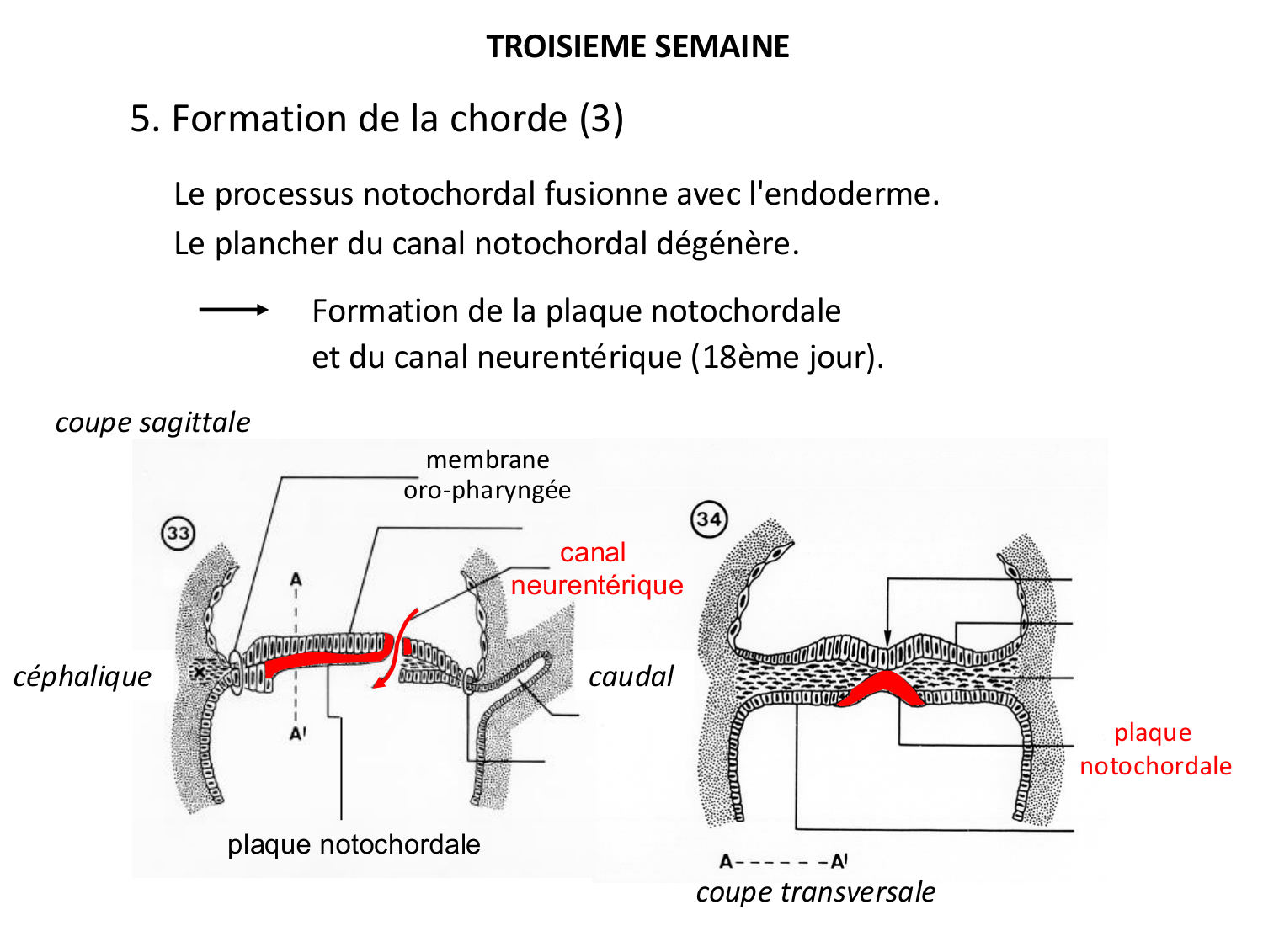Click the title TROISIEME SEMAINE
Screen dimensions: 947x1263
[x=637, y=46]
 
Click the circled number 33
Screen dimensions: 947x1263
[x=178, y=533]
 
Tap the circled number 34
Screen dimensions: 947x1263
[x=709, y=519]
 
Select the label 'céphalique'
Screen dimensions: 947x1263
[x=83, y=676]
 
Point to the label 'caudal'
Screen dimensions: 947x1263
[x=631, y=676]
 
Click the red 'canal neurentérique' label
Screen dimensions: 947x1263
[x=596, y=569]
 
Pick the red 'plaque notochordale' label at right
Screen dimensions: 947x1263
[x=1154, y=749]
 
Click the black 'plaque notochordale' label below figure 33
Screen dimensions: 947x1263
[x=354, y=844]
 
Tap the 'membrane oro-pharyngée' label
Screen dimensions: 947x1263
[x=488, y=475]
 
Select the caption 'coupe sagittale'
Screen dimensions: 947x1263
[x=152, y=422]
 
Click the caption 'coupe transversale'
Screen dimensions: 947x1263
[x=815, y=891]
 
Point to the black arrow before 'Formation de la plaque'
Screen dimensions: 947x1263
[x=233, y=310]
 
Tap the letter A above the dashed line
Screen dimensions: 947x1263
[x=296, y=579]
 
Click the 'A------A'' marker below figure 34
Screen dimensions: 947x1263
[x=783, y=861]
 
